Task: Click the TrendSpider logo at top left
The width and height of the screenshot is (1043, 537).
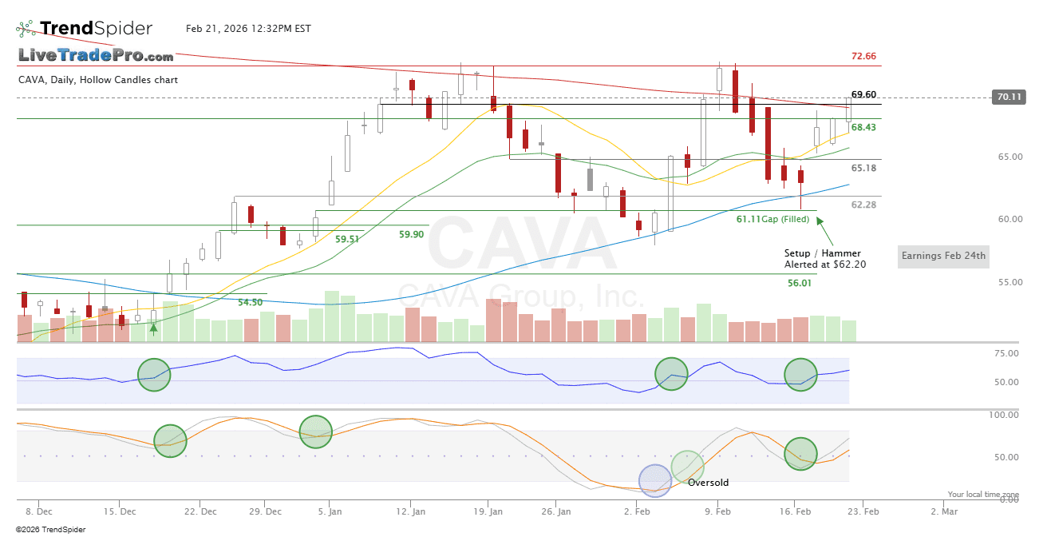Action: point(84,29)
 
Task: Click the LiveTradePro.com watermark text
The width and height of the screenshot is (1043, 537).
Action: point(96,56)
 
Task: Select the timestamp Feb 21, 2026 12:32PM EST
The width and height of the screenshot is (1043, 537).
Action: point(248,29)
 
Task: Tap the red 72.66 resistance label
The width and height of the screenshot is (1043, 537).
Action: point(863,57)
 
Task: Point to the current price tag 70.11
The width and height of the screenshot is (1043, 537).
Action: point(1007,97)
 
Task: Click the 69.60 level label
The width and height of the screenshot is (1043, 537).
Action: point(863,94)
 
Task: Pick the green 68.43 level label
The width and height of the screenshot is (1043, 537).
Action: point(863,127)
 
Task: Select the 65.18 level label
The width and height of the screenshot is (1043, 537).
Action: point(863,168)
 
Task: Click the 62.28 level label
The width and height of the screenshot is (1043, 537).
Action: point(863,205)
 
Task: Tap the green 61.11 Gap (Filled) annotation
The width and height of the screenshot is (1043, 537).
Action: point(772,219)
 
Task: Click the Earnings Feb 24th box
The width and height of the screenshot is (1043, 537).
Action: point(943,257)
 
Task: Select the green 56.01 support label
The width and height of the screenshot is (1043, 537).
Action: point(799,283)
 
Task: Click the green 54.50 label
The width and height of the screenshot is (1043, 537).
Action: point(251,302)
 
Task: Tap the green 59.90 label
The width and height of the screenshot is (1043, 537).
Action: point(411,234)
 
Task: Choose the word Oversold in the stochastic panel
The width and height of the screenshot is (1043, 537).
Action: point(708,483)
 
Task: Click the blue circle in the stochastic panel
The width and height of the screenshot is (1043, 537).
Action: point(655,480)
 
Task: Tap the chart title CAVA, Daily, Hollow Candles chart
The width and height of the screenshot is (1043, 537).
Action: point(98,80)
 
